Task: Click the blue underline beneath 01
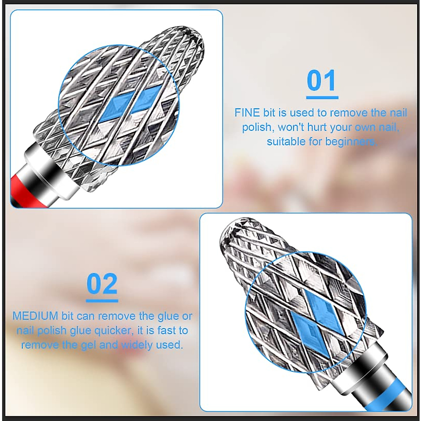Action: tap(322, 97)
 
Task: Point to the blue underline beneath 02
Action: tap(102, 300)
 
